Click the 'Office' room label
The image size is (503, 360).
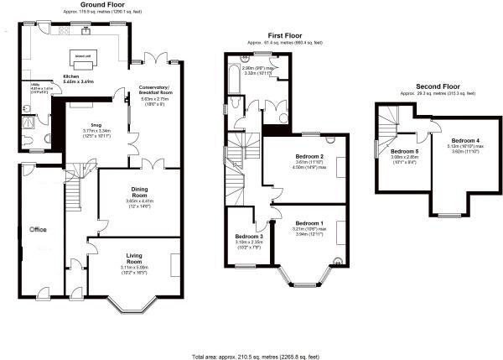[39, 228]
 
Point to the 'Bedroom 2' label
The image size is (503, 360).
[310, 157]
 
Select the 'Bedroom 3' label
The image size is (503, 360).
[249, 237]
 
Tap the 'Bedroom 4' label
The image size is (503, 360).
[466, 139]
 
